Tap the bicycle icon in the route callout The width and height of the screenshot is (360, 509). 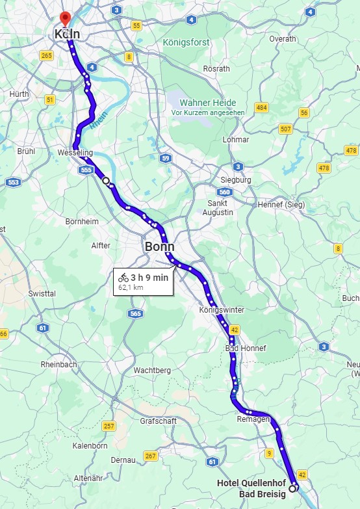[123, 278]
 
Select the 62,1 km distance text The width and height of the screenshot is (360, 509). [131, 287]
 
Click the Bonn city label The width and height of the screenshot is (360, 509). [160, 247]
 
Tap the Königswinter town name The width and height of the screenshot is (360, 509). [222, 310]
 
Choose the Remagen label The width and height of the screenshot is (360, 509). [253, 419]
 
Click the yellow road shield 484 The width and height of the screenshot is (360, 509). [261, 107]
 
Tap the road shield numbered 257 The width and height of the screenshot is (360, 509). [109, 426]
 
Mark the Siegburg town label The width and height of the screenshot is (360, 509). [236, 179]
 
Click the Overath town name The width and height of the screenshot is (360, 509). [283, 39]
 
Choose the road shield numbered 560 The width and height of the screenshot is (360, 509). [225, 192]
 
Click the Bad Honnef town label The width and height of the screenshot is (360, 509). [246, 348]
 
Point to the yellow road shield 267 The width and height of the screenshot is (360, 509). [151, 456]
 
